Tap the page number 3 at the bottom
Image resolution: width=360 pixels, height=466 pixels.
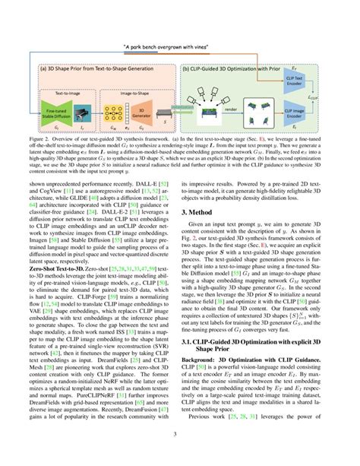point(180,455)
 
